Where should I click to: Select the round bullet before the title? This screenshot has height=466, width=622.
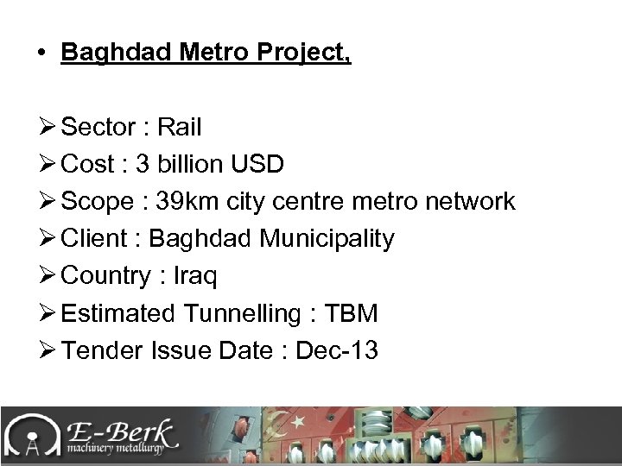pos(41,54)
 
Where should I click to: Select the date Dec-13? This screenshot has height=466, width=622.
pos(336,350)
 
